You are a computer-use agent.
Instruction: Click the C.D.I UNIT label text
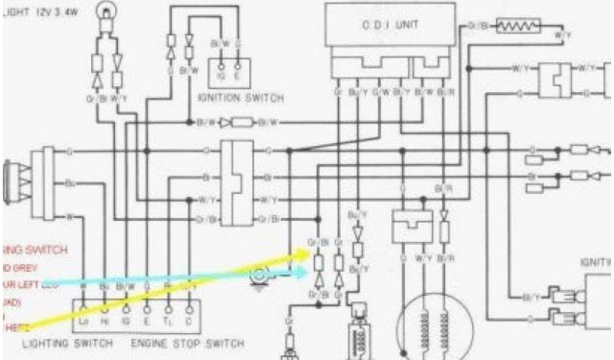click(x=390, y=25)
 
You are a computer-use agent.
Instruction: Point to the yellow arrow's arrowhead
click(x=307, y=253)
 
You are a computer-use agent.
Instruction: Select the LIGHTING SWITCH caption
click(x=67, y=344)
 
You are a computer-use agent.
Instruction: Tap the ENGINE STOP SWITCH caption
click(x=188, y=344)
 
